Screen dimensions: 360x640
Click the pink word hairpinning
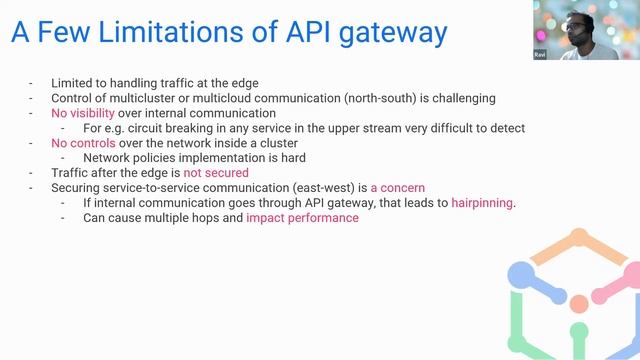(483, 203)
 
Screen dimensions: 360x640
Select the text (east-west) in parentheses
(335, 188)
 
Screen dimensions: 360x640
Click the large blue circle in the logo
(522, 273)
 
